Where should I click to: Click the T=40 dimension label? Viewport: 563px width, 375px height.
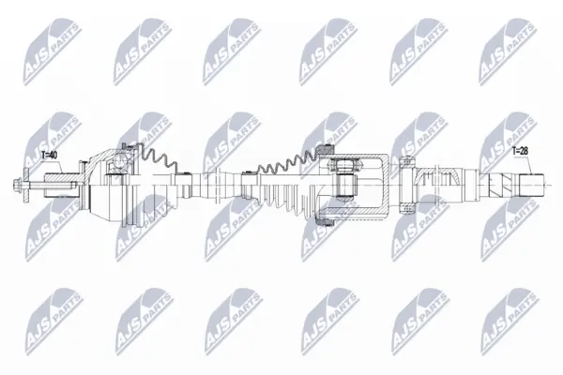coord(50,155)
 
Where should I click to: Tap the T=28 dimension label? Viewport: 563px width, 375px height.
coord(520,151)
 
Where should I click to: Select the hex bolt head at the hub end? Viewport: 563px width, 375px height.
coord(17,186)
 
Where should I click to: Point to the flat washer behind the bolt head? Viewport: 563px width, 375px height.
coord(26,186)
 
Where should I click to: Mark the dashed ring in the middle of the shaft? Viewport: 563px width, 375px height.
coord(218,186)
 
